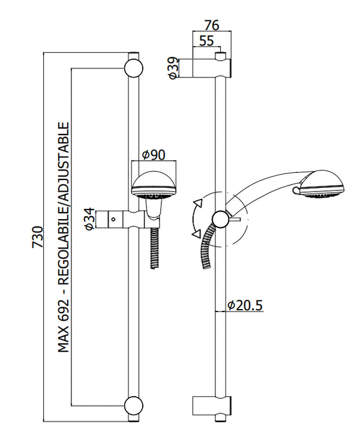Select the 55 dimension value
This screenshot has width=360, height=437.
[206, 41]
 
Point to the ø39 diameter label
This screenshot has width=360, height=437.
[173, 68]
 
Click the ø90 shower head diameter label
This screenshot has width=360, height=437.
[154, 155]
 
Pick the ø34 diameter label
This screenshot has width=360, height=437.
[88, 219]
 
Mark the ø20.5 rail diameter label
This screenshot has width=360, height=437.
[245, 306]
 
